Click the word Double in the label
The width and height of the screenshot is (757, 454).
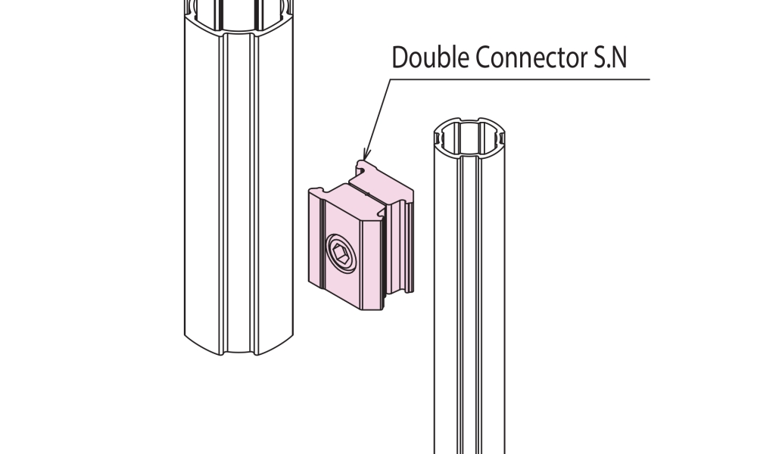pyautogui.click(x=430, y=57)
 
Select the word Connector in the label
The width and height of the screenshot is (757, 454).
pyautogui.click(x=528, y=57)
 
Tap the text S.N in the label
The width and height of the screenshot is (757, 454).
pyautogui.click(x=607, y=57)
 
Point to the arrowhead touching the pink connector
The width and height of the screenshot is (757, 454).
pyautogui.click(x=366, y=154)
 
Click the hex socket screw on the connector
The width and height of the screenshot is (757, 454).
pyautogui.click(x=341, y=253)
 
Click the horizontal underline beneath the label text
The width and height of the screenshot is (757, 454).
pyautogui.click(x=519, y=79)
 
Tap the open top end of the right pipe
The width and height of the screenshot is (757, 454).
pyautogui.click(x=469, y=137)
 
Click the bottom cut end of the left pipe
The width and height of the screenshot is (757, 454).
pyautogui.click(x=238, y=346)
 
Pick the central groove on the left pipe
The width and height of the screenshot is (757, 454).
pyautogui.click(x=238, y=193)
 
